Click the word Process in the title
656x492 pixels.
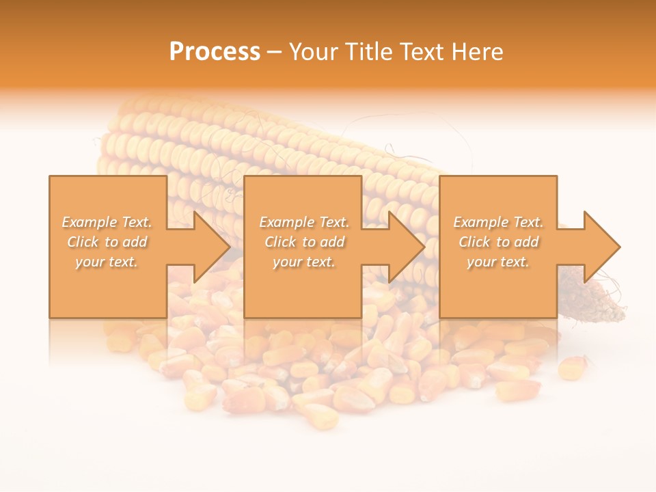[215, 52]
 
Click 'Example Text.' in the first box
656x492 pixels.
[107, 222]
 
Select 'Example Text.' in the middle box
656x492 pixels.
[304, 222]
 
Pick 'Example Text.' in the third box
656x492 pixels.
[498, 222]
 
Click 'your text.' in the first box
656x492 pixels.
[107, 262]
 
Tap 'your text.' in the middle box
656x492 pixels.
[303, 262]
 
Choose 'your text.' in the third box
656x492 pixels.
[498, 262]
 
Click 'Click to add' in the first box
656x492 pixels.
[107, 242]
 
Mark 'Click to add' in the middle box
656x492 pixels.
[304, 242]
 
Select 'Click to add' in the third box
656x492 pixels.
[499, 242]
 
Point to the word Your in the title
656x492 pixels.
[314, 52]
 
